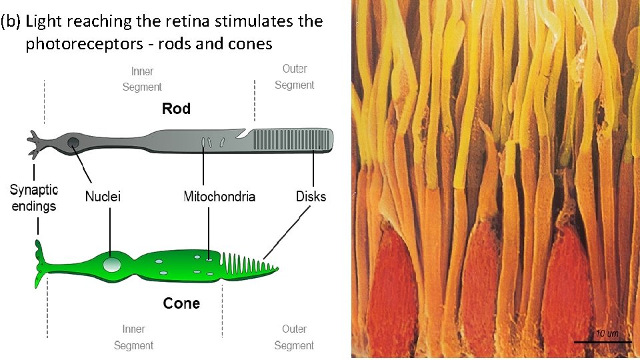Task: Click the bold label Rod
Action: (x=176, y=109)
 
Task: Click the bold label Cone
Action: (x=181, y=303)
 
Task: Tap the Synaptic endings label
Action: (x=34, y=198)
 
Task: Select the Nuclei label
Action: (x=103, y=196)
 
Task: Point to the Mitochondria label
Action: (x=219, y=196)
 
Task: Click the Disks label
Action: (x=311, y=196)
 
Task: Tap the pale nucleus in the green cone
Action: (x=112, y=265)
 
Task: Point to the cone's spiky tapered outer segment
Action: (x=250, y=267)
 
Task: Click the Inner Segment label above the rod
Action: (x=142, y=79)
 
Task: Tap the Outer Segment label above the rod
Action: (x=294, y=77)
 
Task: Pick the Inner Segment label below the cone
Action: (x=133, y=337)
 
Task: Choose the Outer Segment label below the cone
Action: (x=293, y=337)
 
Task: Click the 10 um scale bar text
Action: (x=607, y=333)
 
